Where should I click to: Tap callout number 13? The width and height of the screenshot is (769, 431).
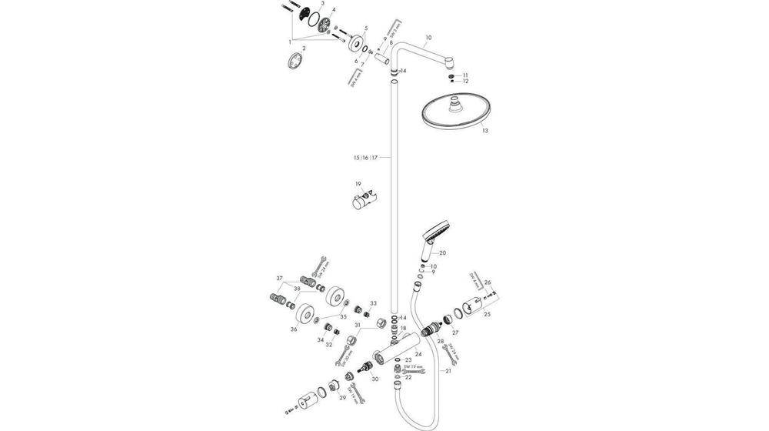[484, 132]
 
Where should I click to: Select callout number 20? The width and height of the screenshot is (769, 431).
[442, 252]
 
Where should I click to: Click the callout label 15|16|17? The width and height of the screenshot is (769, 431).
[365, 158]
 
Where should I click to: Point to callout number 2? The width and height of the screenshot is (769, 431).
[304, 48]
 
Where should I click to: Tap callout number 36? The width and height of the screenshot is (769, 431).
[294, 329]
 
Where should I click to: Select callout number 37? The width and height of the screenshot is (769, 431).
[280, 278]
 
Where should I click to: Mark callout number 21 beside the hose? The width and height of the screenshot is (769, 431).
[448, 371]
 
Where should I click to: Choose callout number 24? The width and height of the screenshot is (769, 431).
[418, 354]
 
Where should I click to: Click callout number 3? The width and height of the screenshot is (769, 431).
[322, 4]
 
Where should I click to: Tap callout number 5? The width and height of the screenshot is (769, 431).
[366, 28]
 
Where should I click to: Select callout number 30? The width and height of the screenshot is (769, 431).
[375, 379]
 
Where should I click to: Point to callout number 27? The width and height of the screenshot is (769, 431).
[455, 332]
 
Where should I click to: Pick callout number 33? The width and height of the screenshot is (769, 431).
[374, 303]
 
